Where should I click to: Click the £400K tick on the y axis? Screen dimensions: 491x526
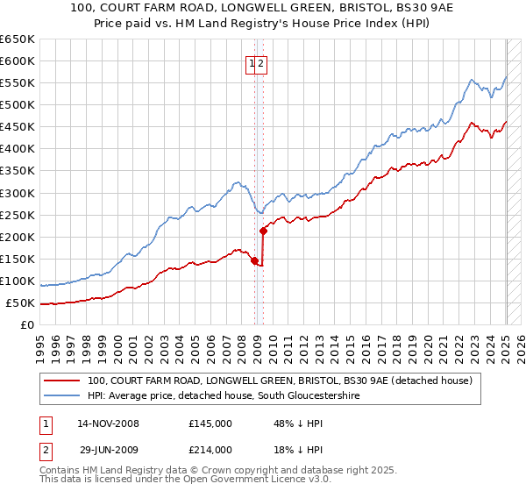point(18,148)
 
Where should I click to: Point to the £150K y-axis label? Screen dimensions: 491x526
point(18,259)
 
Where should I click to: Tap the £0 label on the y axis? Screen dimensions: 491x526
point(27,325)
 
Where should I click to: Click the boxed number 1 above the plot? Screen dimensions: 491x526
point(252,63)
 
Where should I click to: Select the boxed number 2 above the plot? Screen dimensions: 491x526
point(261,63)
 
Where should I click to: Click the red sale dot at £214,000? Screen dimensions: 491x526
point(263,231)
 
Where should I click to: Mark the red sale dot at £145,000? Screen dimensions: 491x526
point(254,260)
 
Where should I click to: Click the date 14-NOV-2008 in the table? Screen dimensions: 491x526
point(109,423)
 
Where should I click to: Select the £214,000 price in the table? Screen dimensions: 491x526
point(210,450)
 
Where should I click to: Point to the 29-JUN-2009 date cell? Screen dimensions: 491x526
point(108,450)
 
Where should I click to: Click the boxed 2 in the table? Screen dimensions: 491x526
point(44,450)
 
